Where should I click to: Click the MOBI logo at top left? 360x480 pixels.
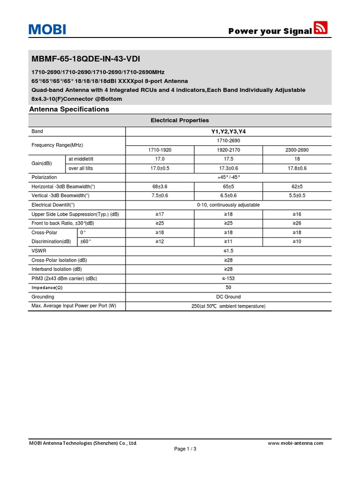pyautogui.click(x=47, y=29)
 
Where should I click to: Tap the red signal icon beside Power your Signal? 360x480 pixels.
pyautogui.click(x=321, y=28)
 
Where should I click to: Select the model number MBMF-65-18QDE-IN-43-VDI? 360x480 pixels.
pyautogui.click(x=85, y=59)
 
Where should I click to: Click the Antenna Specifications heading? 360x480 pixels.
pyautogui.click(x=69, y=109)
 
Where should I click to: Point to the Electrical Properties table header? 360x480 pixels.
pyautogui.click(x=180, y=120)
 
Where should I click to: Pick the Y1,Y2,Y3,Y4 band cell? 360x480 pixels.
pyautogui.click(x=228, y=132)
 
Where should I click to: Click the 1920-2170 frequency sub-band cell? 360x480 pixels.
pyautogui.click(x=228, y=150)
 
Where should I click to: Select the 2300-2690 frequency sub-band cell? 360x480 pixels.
pyautogui.click(x=297, y=150)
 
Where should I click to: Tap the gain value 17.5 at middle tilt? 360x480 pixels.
pyautogui.click(x=228, y=159)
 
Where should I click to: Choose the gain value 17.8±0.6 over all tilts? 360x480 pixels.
pyautogui.click(x=297, y=168)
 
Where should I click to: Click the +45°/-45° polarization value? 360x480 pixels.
pyautogui.click(x=228, y=178)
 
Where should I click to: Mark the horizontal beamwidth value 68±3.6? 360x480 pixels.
pyautogui.click(x=160, y=187)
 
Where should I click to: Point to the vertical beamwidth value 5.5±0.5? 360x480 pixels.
pyautogui.click(x=297, y=196)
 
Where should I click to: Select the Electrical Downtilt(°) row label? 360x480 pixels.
pyautogui.click(x=53, y=205)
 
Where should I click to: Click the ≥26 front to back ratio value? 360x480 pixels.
pyautogui.click(x=297, y=223)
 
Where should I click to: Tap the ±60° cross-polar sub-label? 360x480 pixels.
pyautogui.click(x=86, y=241)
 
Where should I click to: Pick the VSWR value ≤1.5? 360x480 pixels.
pyautogui.click(x=228, y=251)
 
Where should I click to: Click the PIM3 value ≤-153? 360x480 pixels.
pyautogui.click(x=228, y=278)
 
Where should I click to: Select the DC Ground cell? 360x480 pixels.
pyautogui.click(x=228, y=297)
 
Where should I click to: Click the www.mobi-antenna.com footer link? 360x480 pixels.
pyautogui.click(x=295, y=443)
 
